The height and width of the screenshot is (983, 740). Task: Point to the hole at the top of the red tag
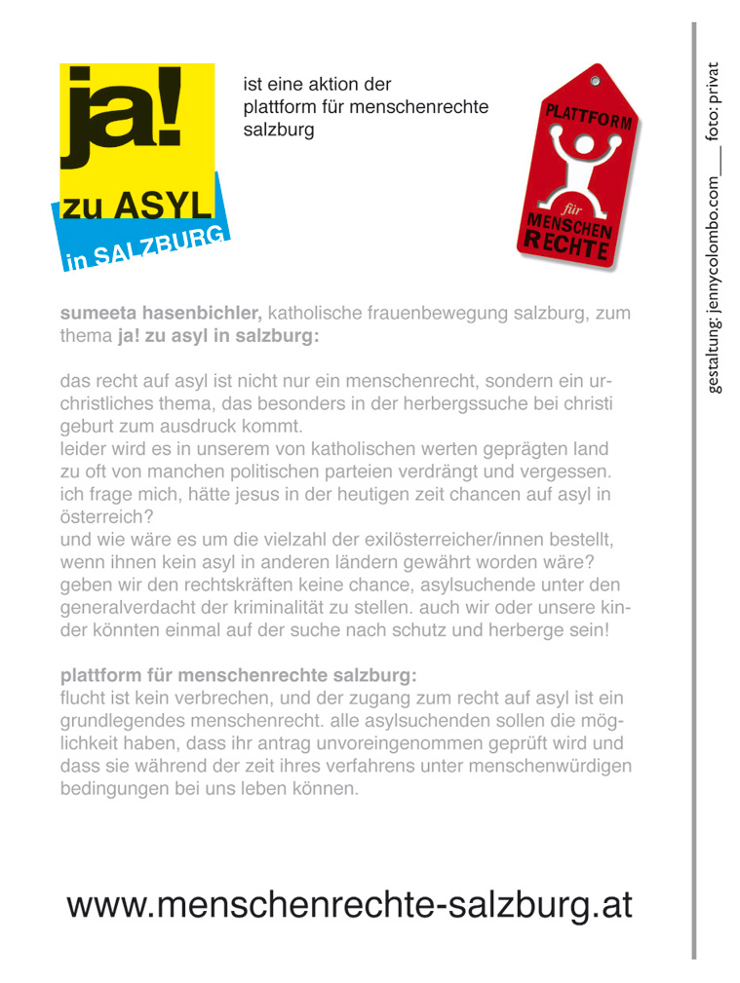(594, 78)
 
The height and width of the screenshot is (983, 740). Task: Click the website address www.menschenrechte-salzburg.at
(350, 905)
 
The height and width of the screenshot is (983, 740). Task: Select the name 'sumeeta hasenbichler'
(161, 314)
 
